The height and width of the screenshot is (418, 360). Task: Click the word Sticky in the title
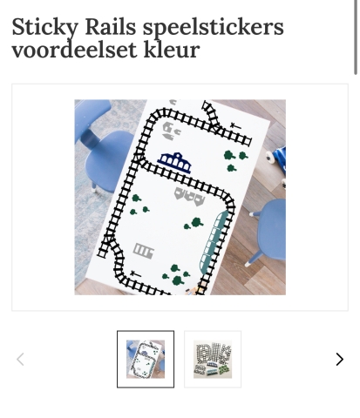(x=45, y=28)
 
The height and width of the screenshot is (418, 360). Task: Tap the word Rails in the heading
(x=111, y=27)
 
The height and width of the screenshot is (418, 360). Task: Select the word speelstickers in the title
(x=214, y=28)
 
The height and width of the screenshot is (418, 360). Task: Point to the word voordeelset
(x=74, y=50)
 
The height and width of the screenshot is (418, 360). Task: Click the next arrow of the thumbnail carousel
(x=339, y=359)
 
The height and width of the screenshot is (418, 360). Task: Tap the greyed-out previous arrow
(x=20, y=359)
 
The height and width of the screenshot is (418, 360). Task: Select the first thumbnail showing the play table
(x=146, y=359)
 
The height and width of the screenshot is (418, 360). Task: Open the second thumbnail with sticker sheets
(x=213, y=359)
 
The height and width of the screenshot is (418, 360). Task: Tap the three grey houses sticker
(x=189, y=196)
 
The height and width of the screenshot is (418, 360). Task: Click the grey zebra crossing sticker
(x=144, y=251)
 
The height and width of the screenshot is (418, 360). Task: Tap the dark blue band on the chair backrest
(x=90, y=138)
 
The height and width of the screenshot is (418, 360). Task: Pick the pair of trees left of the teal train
(x=194, y=224)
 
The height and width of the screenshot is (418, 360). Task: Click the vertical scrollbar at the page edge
(x=356, y=37)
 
